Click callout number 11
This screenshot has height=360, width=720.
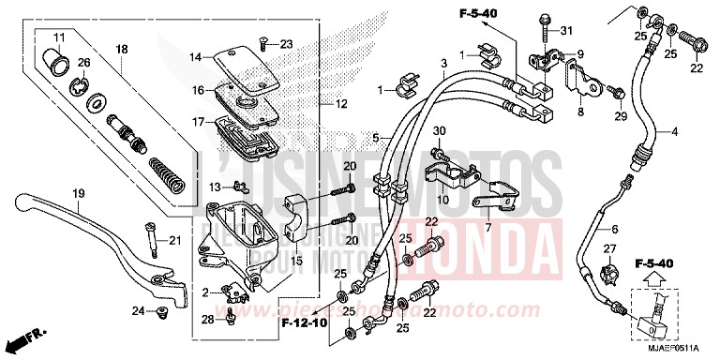58,37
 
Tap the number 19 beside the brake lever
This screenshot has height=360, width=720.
79,193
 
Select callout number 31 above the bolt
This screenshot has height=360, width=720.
565,32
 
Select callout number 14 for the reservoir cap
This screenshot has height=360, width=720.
195,57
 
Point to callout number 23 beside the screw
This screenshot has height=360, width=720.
286,43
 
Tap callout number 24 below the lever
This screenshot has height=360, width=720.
138,311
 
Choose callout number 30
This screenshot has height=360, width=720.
439,130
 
